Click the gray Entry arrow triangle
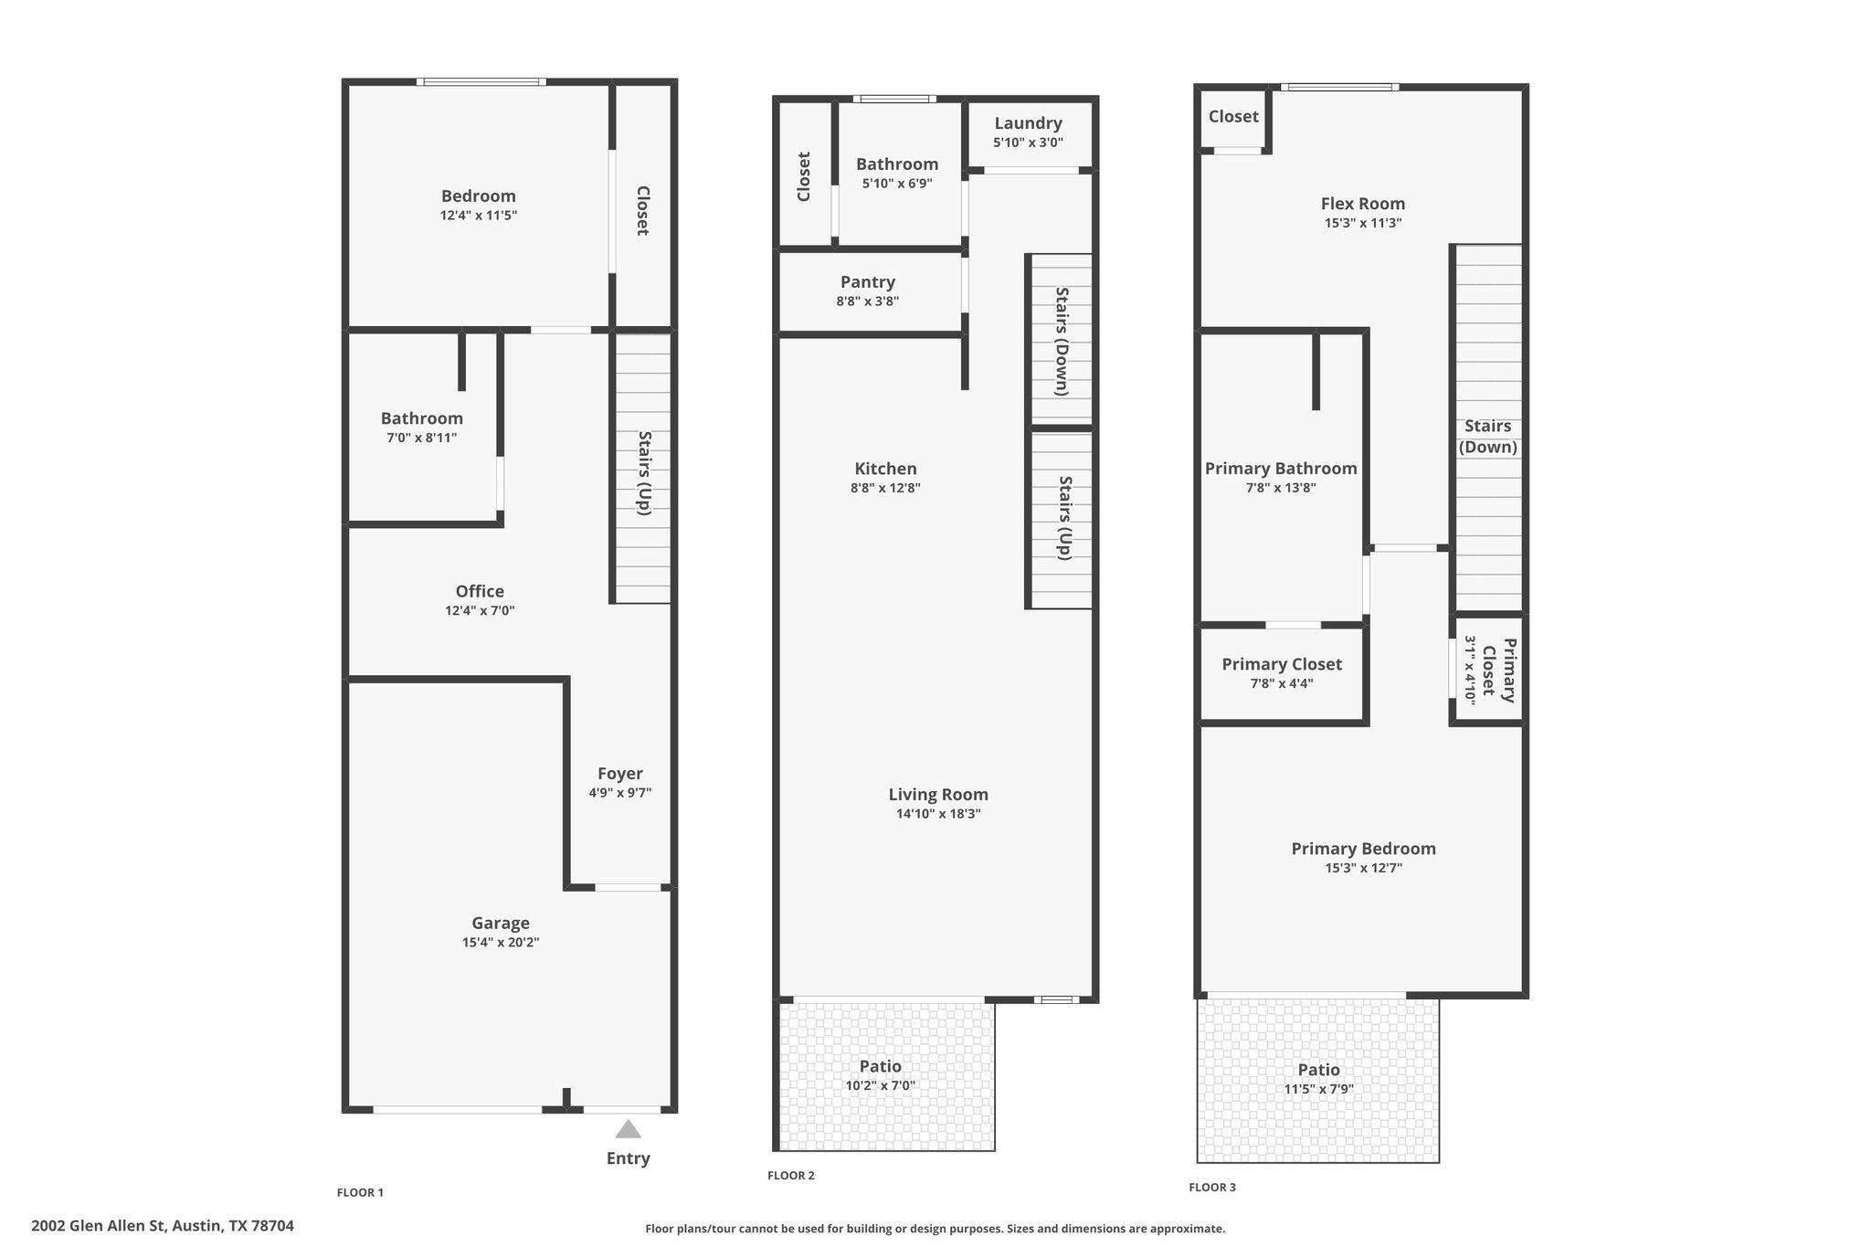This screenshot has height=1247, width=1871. (x=628, y=1130)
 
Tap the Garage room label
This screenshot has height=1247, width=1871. (x=501, y=923)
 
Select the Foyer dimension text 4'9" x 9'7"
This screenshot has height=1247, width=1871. (x=620, y=793)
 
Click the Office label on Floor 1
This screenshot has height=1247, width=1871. (x=480, y=591)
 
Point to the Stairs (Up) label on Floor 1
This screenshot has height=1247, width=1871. (x=644, y=472)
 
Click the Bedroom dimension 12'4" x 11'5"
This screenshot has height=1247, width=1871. (x=479, y=216)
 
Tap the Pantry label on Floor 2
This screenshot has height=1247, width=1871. (x=868, y=281)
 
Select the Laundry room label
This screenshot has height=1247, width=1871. (x=1028, y=123)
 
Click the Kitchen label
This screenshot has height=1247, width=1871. (x=885, y=469)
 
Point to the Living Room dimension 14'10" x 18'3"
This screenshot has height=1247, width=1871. (x=938, y=814)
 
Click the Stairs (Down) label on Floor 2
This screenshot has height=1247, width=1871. (x=1062, y=341)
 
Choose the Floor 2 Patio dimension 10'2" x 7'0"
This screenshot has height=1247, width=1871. (x=880, y=1086)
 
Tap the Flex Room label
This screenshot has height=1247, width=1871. (x=1363, y=204)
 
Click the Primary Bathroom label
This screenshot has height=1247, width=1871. (x=1281, y=469)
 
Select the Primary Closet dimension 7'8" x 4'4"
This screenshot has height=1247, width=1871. (x=1282, y=683)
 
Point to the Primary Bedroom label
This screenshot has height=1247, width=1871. (x=1363, y=849)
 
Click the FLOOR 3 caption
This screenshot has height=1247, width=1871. (x=1212, y=1188)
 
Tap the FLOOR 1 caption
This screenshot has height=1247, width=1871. (x=360, y=1192)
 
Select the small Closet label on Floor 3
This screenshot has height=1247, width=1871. (x=1233, y=116)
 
